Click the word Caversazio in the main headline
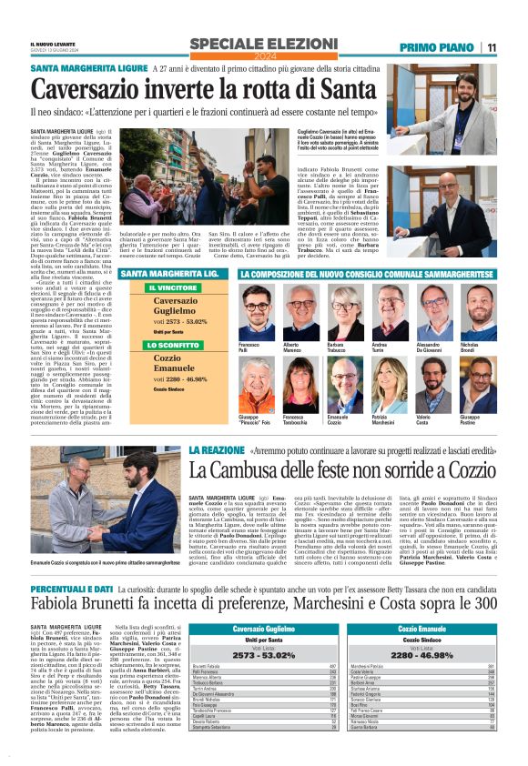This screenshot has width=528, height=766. coord(108,90)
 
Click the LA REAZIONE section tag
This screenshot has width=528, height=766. coord(215,450)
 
